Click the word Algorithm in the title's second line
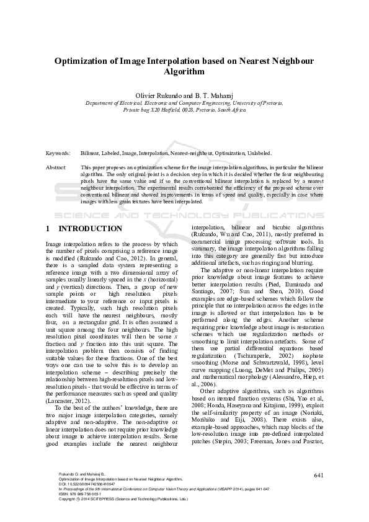coord(184,72)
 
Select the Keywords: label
coord(58,153)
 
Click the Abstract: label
coord(56,168)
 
